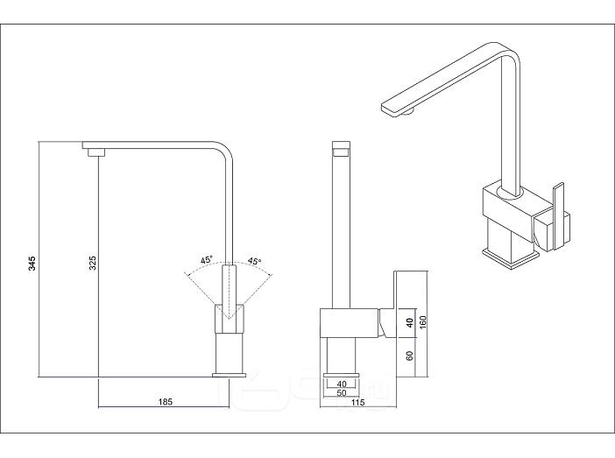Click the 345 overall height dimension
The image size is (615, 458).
32,263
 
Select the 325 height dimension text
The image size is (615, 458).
93,263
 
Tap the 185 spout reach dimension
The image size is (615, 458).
166,402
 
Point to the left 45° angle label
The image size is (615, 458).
206,259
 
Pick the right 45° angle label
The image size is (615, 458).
255,261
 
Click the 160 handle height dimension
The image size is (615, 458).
422,323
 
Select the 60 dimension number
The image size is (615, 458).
410,356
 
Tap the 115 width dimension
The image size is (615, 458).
358,402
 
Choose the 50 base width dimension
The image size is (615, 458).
342,392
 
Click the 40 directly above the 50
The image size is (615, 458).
342,384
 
